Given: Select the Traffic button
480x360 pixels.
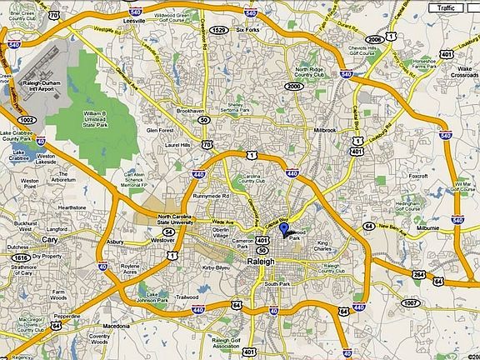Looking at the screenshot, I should (446, 7).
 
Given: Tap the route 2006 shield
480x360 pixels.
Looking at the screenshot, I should (375, 39).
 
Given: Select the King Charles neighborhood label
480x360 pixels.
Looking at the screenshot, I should (328, 247).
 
